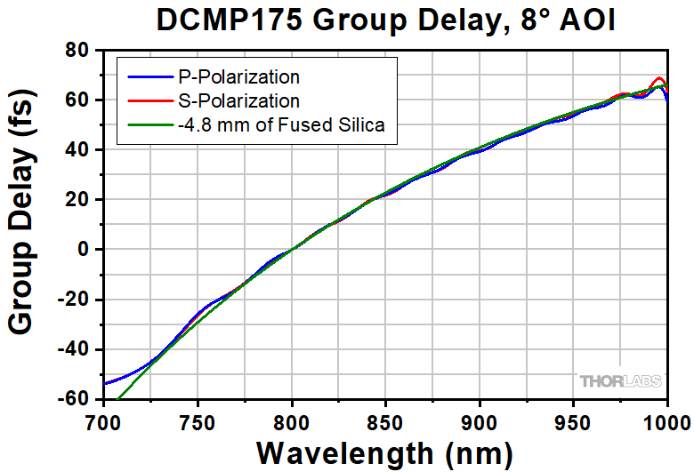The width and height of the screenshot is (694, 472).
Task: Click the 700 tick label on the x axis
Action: [x=104, y=420]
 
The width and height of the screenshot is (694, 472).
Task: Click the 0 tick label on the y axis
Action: [x=86, y=250]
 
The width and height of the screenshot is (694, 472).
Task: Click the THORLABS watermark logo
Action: [x=621, y=381]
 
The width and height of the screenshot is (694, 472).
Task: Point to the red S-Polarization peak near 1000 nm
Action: [x=659, y=78]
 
